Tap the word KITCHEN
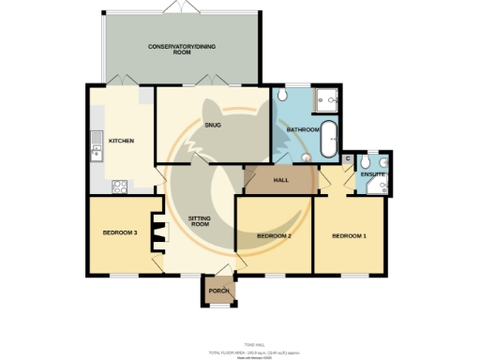121,141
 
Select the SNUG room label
211,124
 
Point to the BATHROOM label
303,129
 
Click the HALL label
280,180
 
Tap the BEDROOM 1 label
349,235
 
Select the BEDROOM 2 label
274,235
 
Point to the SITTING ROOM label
200,221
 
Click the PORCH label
218,291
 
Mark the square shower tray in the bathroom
328,98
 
